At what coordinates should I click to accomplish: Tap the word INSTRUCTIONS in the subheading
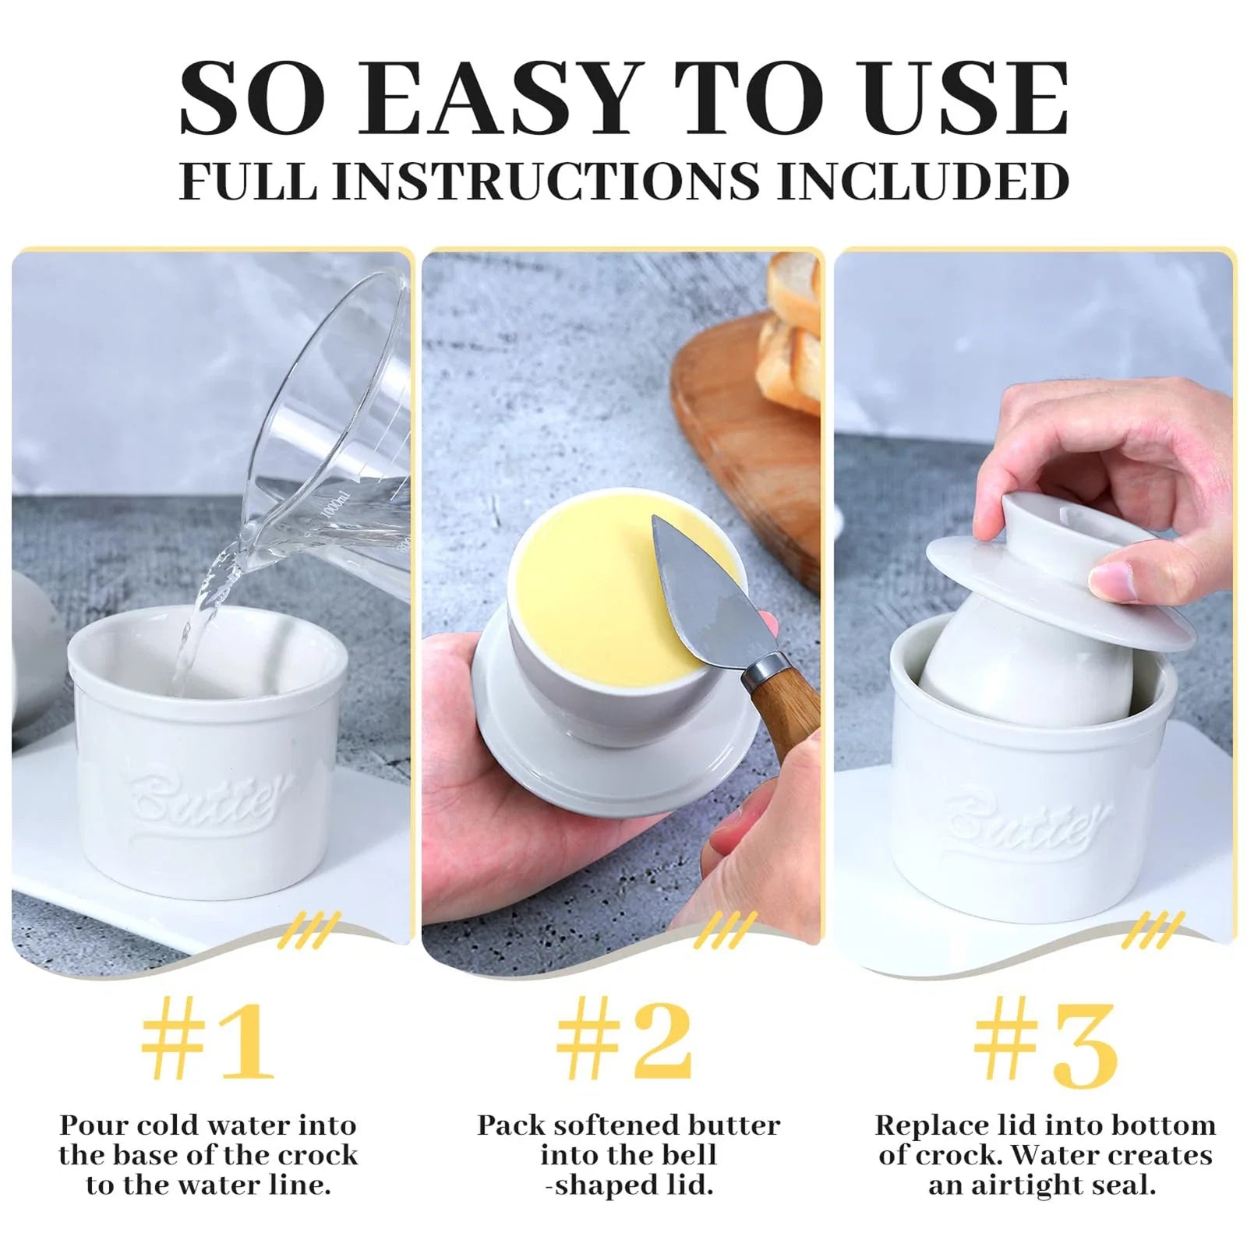click(546, 181)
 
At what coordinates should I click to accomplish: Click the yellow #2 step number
click(624, 1043)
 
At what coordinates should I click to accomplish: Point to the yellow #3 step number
click(1045, 1044)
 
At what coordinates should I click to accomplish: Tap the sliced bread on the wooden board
click(791, 335)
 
